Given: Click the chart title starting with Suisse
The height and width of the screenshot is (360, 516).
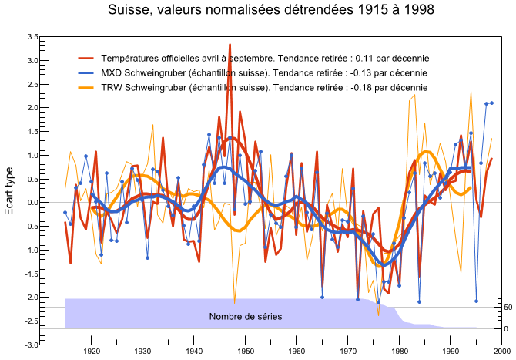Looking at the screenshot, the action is [x=271, y=9].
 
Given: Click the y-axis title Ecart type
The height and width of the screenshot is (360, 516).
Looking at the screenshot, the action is [x=9, y=191].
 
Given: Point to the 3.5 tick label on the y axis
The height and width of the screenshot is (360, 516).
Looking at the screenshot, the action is [x=32, y=37].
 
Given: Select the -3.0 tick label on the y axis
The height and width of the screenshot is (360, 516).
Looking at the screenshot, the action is [x=32, y=345].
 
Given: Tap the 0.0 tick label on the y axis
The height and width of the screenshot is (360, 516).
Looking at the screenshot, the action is [x=32, y=203].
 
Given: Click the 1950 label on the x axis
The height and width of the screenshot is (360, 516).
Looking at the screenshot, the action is [x=245, y=352].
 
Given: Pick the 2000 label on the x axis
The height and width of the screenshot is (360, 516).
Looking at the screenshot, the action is [x=501, y=352].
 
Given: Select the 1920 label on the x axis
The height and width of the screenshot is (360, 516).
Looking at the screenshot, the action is [x=91, y=352].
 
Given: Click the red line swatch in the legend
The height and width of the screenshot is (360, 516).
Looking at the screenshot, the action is [x=86, y=59].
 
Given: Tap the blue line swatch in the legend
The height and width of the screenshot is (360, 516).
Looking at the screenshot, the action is [x=86, y=72].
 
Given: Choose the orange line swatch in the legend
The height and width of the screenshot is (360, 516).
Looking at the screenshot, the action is [x=86, y=88].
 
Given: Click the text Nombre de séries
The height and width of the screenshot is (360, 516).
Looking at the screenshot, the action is [x=246, y=317].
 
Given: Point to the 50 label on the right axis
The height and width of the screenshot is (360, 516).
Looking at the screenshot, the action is [x=508, y=308].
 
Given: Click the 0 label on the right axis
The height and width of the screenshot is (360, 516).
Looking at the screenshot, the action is [x=506, y=328].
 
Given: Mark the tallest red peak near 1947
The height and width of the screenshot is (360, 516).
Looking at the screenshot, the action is [x=230, y=44].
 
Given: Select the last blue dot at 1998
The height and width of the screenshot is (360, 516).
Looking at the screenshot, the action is [x=491, y=103].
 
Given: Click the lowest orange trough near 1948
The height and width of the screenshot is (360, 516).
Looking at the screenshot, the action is [x=234, y=303].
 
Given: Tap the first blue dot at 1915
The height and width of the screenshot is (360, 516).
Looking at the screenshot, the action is [x=65, y=213].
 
